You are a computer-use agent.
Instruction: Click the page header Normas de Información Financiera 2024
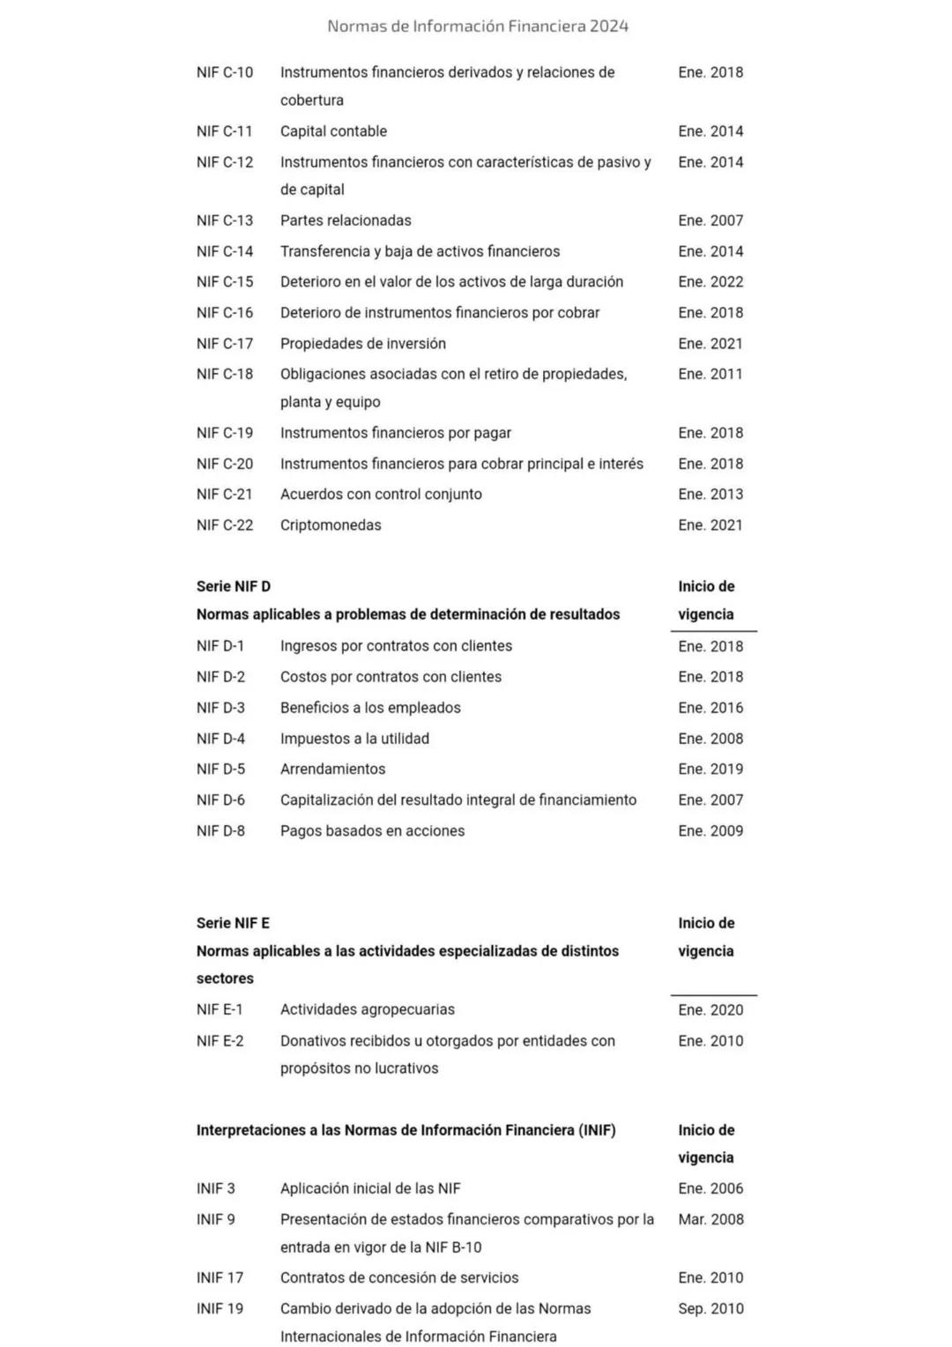point(477,26)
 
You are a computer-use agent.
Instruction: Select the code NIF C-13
point(224,220)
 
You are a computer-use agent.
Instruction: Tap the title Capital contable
point(333,131)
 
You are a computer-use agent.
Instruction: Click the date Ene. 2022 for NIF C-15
point(710,282)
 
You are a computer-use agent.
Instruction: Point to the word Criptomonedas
point(331,525)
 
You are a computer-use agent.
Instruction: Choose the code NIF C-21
point(224,495)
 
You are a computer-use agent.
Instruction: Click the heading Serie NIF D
point(233,586)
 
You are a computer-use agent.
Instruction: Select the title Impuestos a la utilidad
point(354,739)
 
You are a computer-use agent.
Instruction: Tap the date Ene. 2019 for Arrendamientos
point(710,770)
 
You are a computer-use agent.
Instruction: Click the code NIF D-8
point(220,831)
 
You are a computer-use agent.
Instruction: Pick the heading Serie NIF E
point(233,923)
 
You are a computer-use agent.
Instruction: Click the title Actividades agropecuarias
point(368,1009)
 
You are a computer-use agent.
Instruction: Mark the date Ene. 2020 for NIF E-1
point(710,1010)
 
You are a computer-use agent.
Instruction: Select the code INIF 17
point(219,1277)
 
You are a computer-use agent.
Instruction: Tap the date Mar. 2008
point(710,1219)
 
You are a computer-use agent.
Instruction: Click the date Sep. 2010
point(710,1309)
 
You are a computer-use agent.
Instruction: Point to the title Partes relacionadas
point(346,220)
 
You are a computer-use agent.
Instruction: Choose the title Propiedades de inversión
point(363,344)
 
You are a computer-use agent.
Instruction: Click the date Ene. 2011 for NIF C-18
point(710,375)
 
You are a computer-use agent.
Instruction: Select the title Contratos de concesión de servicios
point(399,1277)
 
